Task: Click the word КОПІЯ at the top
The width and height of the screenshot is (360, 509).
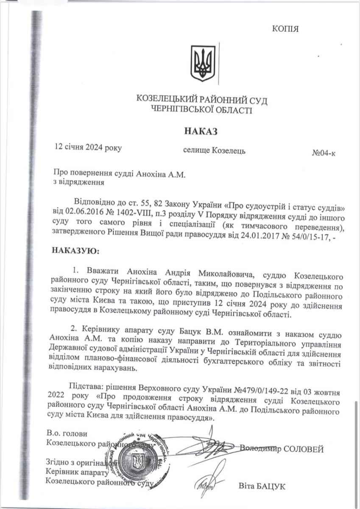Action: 285,29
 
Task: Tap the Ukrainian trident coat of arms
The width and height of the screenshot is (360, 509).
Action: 203,64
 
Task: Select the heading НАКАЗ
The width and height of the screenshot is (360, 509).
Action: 201,131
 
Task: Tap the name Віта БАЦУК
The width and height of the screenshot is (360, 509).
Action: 262,486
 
